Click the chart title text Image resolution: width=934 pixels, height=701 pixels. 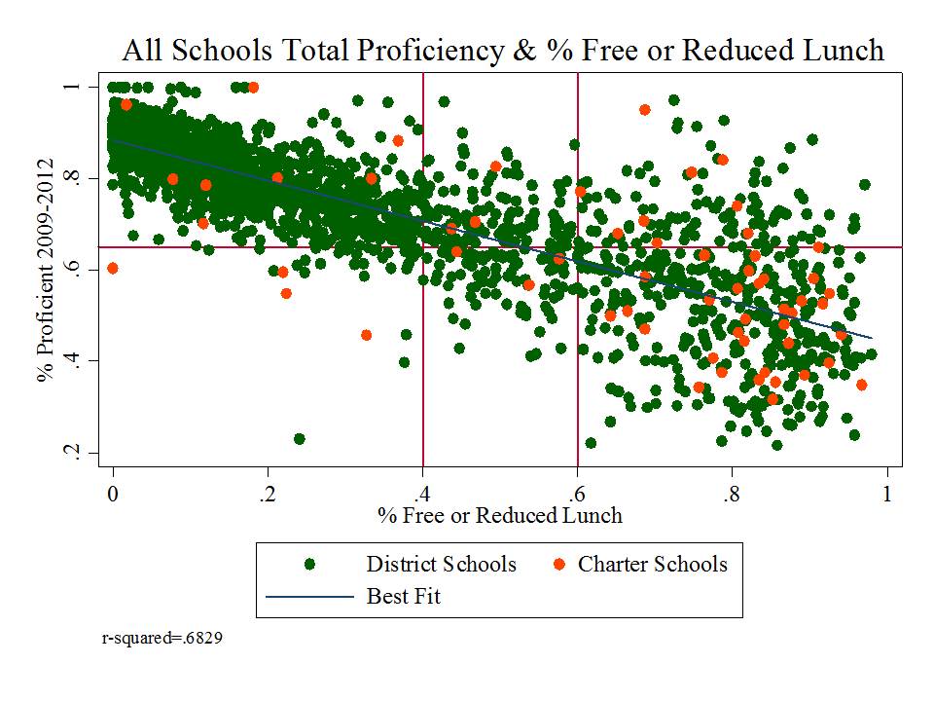click(x=502, y=51)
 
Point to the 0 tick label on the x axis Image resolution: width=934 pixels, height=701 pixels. click(x=113, y=493)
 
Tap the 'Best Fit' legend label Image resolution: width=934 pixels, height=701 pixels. click(x=403, y=596)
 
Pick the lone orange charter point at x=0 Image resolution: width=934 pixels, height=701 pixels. click(x=113, y=268)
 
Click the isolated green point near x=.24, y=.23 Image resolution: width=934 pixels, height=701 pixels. click(x=300, y=439)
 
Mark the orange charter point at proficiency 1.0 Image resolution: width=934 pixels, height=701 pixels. click(x=253, y=88)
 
